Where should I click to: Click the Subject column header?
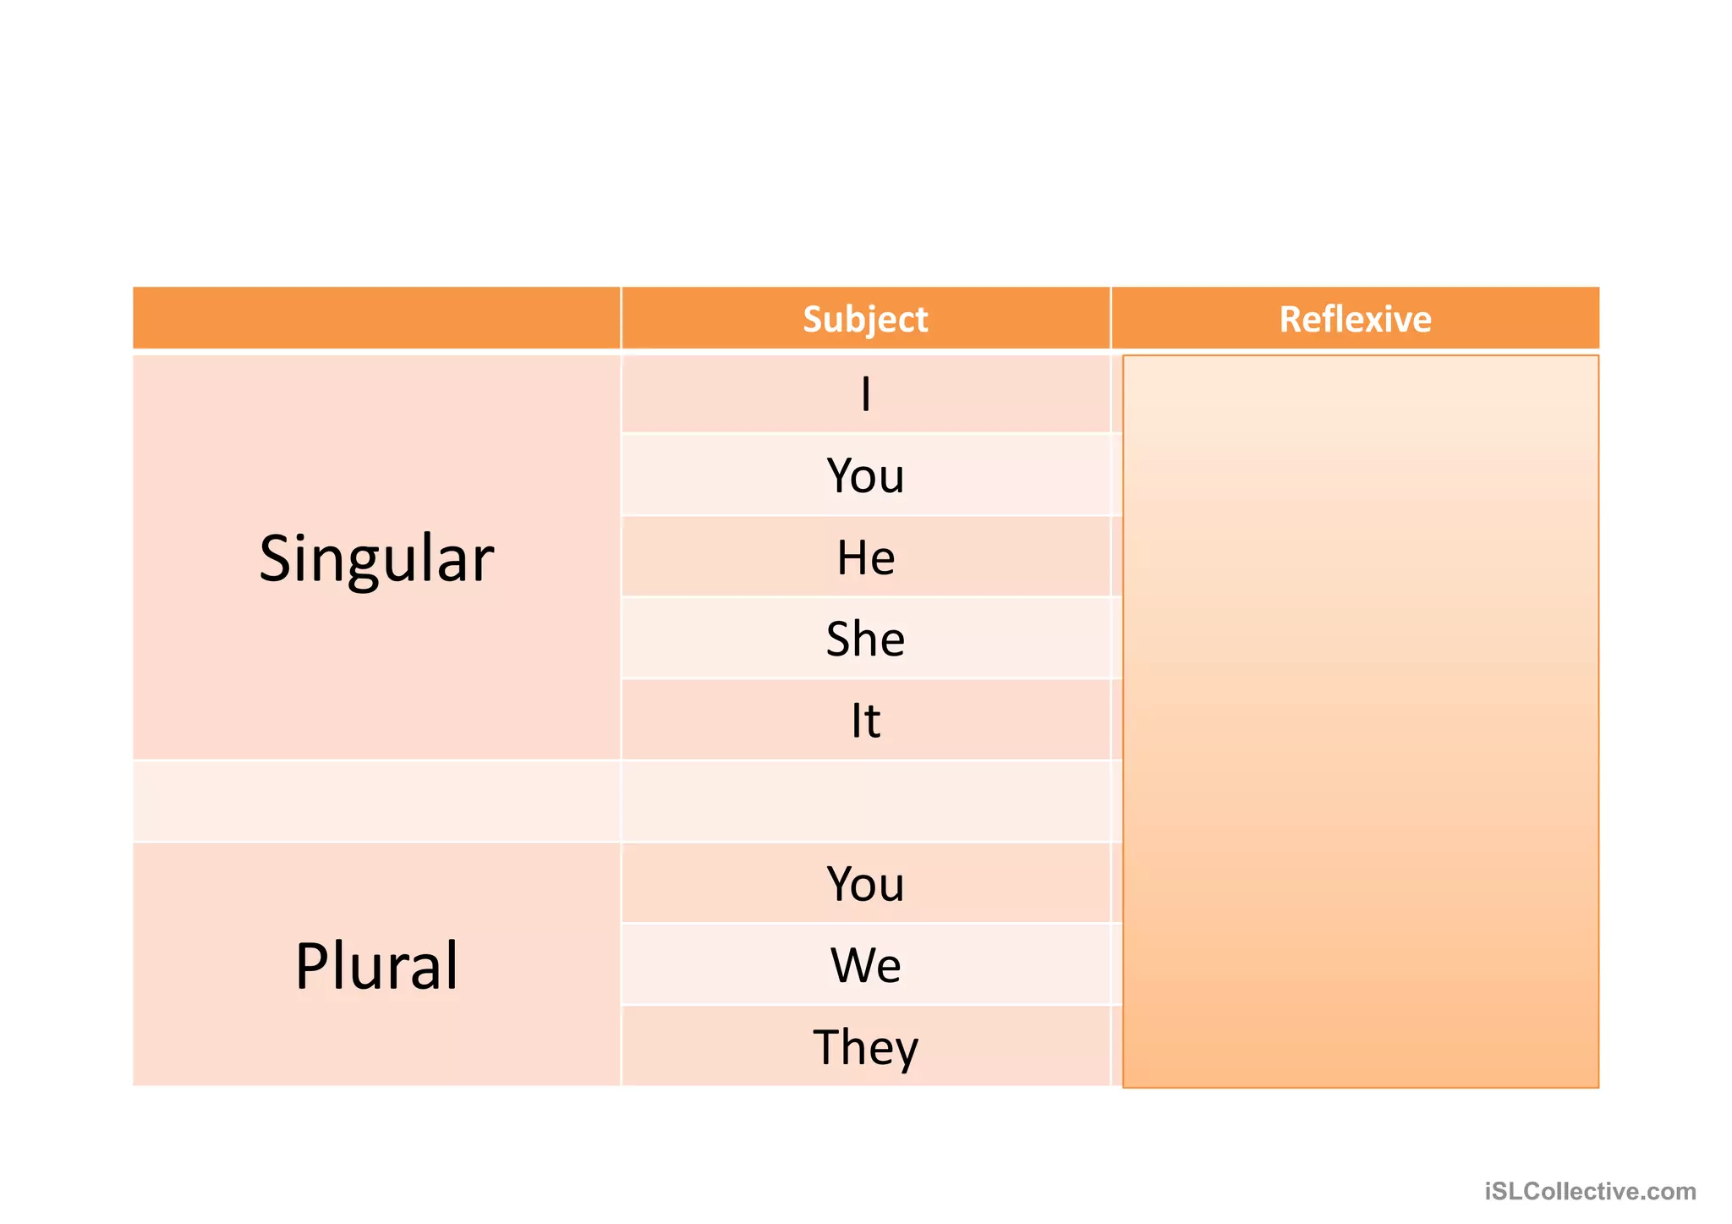865,319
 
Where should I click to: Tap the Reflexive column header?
1355,319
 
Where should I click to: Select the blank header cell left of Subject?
376,318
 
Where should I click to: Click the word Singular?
376,559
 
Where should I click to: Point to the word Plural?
376,966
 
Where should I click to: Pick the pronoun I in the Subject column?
865,394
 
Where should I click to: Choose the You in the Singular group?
865,475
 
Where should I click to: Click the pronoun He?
865,557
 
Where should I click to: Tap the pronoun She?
865,639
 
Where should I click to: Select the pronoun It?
865,721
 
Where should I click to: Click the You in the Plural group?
865,884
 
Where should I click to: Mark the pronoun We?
865,965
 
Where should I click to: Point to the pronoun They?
865,1047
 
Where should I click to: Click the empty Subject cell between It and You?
865,801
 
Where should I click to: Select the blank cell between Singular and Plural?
376,801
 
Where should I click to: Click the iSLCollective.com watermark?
1590,1191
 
